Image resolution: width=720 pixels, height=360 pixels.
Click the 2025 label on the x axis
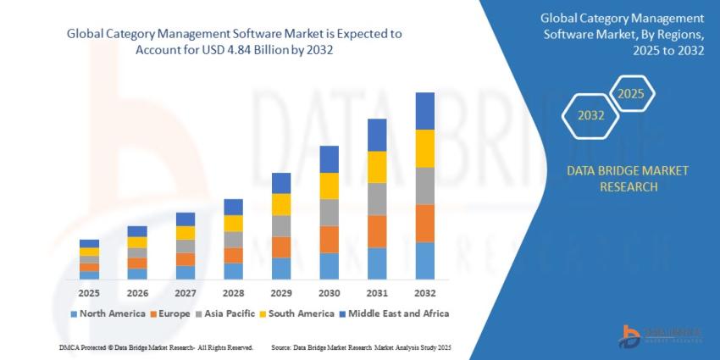point(89,293)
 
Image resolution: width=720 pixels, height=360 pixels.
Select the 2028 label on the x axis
point(233,293)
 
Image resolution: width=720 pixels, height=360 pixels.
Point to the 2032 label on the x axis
point(424,293)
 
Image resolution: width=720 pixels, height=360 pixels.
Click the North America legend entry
point(108,313)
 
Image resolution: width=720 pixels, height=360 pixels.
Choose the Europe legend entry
point(172,313)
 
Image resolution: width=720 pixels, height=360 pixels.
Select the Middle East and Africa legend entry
point(393,313)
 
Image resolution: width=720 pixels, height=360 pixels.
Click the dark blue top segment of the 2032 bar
point(424,111)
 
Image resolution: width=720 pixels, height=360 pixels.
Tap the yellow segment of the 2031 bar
point(377,167)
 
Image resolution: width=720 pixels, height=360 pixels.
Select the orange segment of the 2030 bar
point(329,239)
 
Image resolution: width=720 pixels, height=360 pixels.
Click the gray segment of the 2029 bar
point(281,225)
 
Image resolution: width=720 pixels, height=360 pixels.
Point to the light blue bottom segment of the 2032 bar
point(424,261)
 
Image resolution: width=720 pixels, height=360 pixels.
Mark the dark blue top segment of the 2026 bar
point(137,231)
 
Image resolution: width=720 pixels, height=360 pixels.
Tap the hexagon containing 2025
point(630,93)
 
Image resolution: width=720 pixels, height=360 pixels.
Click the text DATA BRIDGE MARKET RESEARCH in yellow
point(628,179)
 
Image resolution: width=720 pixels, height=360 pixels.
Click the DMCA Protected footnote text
point(156,347)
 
